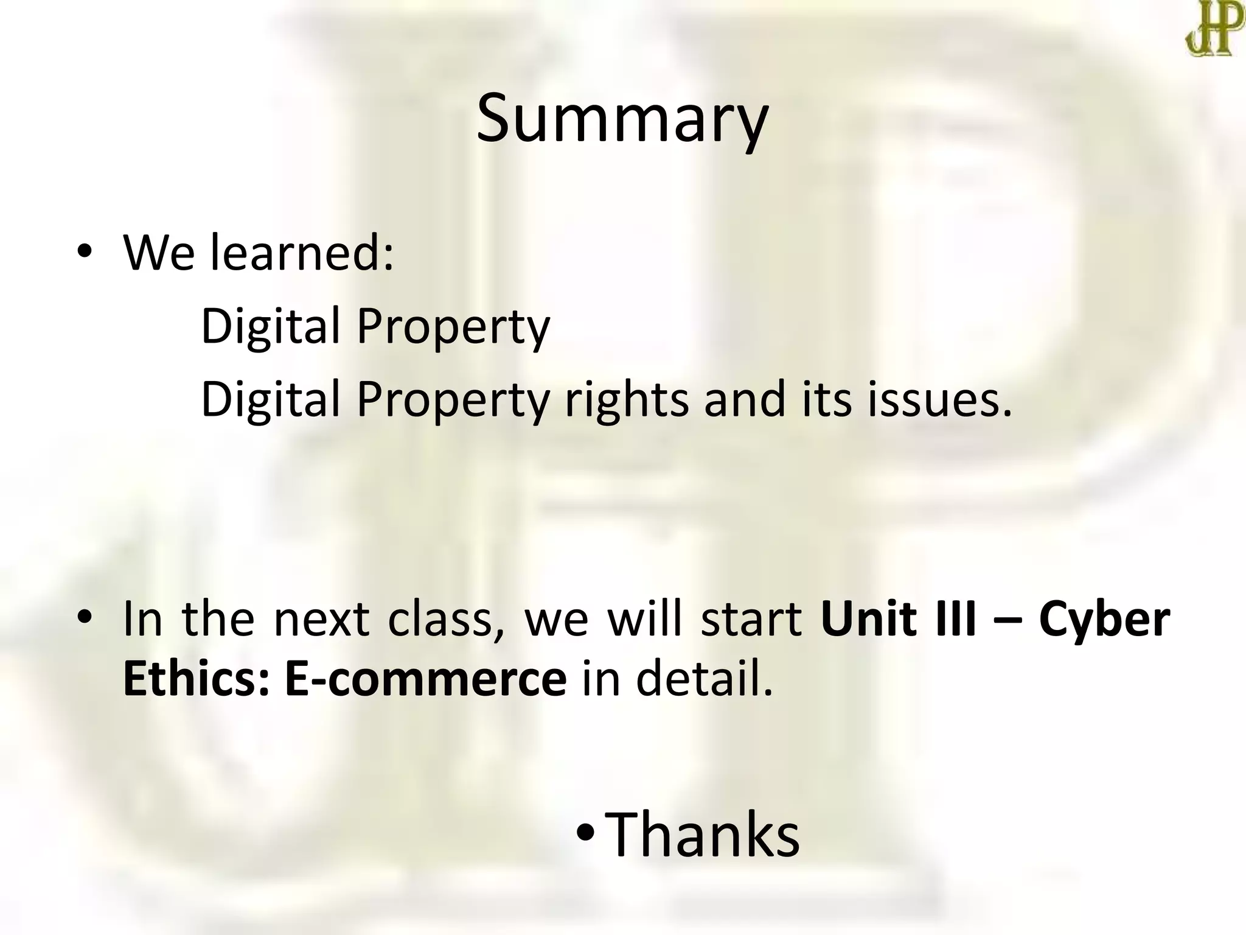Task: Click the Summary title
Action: (622, 119)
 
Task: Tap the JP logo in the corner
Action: (1213, 27)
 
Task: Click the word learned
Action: (302, 252)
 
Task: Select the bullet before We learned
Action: (84, 252)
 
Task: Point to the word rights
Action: (628, 400)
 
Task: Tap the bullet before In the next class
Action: (84, 618)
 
